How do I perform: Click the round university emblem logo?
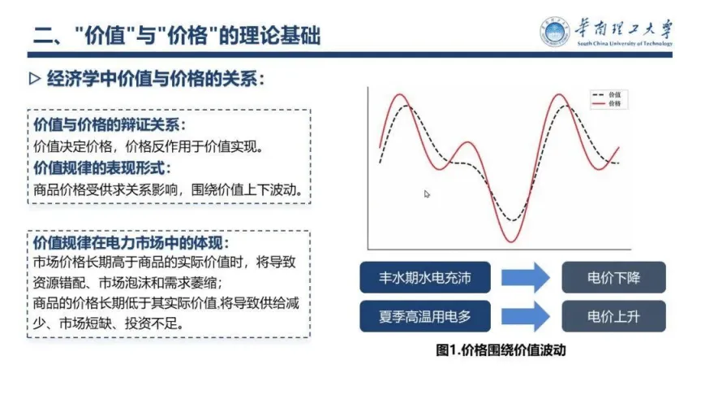pos(555,32)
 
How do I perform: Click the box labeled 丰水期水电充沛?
pos(424,278)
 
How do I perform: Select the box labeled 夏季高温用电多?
pos(424,317)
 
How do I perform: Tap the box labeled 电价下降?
pos(613,278)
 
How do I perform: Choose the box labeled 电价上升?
pos(613,317)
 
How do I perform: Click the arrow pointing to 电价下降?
pos(525,278)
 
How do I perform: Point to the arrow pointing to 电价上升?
pos(525,317)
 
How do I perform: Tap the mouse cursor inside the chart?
pos(427,194)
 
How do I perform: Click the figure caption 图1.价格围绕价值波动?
pos(501,349)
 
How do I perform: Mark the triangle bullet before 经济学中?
pos(34,80)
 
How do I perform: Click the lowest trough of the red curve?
pos(511,242)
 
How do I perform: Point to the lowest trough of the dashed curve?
pos(513,220)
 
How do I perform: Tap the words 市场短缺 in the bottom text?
pos(85,323)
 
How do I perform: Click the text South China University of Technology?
pos(625,43)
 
